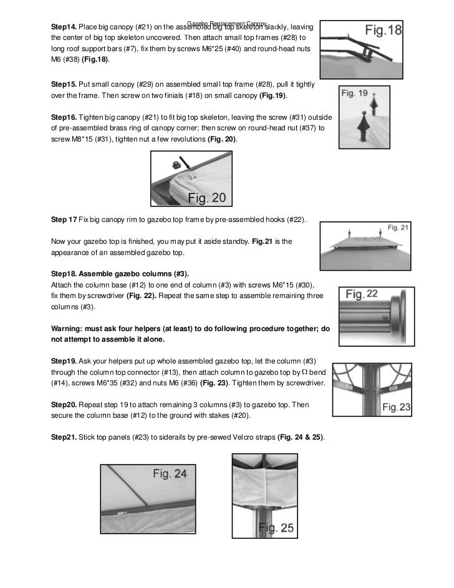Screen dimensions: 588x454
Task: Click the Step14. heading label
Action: point(63,28)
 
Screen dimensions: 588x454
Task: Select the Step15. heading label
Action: point(63,84)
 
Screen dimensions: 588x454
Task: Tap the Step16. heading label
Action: point(63,117)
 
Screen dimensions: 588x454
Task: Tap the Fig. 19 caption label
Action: point(355,94)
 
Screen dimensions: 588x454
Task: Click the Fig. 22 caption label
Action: point(362,294)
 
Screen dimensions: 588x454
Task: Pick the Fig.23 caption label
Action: point(396,407)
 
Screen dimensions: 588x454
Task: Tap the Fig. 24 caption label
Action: point(170,474)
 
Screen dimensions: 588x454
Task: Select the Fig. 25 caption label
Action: point(277,528)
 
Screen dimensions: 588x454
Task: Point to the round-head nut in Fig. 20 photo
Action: point(176,163)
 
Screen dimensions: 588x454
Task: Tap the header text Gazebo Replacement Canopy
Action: point(228,22)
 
